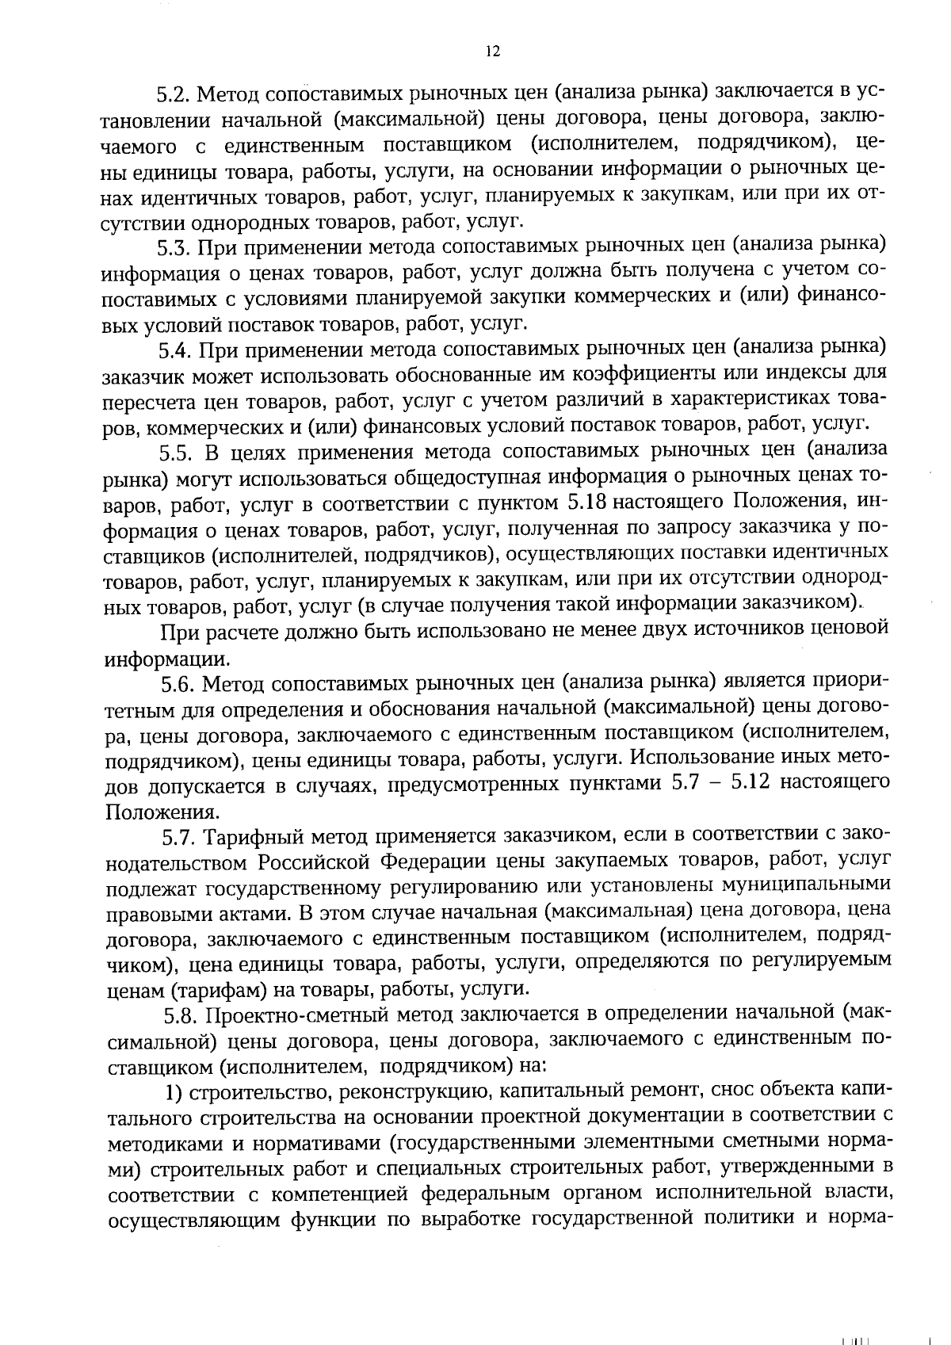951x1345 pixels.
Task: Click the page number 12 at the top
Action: point(491,52)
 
